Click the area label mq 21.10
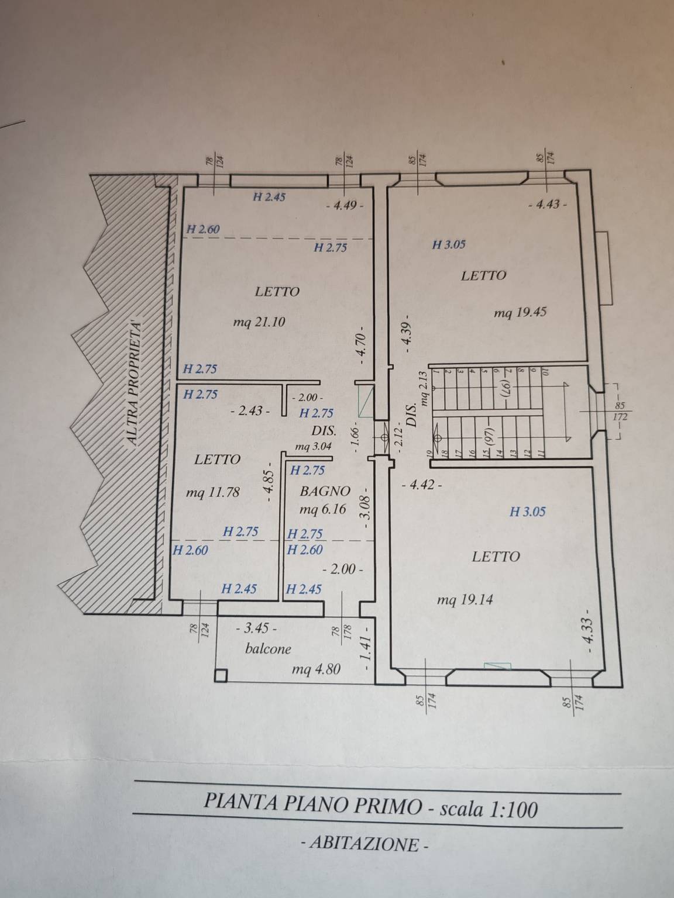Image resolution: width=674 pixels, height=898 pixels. (259, 323)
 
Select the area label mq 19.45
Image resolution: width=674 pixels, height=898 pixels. (520, 313)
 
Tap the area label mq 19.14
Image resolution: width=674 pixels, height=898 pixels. (465, 600)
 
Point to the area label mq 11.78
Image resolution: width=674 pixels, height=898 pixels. (212, 492)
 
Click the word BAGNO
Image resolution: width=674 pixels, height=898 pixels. (325, 491)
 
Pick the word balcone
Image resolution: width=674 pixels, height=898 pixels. (268, 648)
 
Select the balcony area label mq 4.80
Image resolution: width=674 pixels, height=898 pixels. (316, 669)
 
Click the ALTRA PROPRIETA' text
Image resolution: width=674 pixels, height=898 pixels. (134, 383)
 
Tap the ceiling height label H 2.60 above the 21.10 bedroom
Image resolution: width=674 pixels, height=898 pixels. (203, 229)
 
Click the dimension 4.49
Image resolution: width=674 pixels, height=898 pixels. (345, 205)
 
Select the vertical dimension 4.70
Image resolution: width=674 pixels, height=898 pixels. (360, 344)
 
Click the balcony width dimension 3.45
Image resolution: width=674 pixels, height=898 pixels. (257, 628)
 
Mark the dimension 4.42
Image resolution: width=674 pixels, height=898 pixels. (422, 486)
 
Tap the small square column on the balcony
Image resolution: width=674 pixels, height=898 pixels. (221, 675)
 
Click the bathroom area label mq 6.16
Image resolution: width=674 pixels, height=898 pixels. (323, 509)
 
